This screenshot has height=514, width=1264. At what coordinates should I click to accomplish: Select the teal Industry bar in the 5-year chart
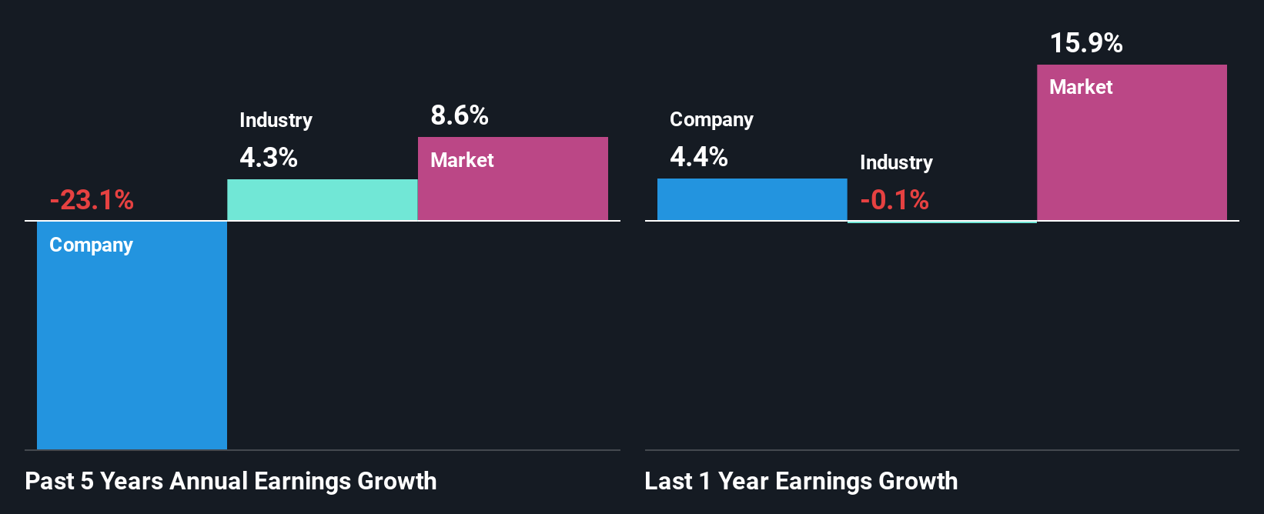[x=322, y=200]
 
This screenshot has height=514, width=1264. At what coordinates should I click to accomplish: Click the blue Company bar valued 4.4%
[x=752, y=200]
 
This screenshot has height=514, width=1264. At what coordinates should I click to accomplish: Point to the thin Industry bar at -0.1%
[x=942, y=222]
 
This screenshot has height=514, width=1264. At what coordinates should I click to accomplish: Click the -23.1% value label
[x=92, y=200]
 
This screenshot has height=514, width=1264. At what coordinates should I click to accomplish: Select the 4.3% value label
[x=268, y=158]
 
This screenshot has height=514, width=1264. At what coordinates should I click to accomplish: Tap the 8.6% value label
[x=459, y=115]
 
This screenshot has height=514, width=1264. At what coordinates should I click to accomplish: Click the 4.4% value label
[x=698, y=157]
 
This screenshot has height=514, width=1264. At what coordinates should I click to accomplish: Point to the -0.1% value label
[x=894, y=200]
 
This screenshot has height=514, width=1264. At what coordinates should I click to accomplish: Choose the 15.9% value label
[x=1085, y=43]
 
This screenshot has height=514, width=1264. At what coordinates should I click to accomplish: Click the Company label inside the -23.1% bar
[x=91, y=245]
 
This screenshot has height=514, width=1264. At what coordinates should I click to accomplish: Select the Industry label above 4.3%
[x=276, y=120]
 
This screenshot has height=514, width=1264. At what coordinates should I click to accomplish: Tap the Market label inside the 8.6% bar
[x=462, y=160]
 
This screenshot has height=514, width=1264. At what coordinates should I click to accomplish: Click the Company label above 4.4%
[x=711, y=119]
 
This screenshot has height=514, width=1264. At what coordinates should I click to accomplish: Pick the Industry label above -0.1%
[x=896, y=162]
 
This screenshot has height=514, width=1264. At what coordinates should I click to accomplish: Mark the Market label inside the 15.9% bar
[x=1081, y=87]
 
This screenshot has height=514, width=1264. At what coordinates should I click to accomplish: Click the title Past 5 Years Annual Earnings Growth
[x=230, y=481]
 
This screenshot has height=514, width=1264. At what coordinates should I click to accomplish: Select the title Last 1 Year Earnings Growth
[x=801, y=481]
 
